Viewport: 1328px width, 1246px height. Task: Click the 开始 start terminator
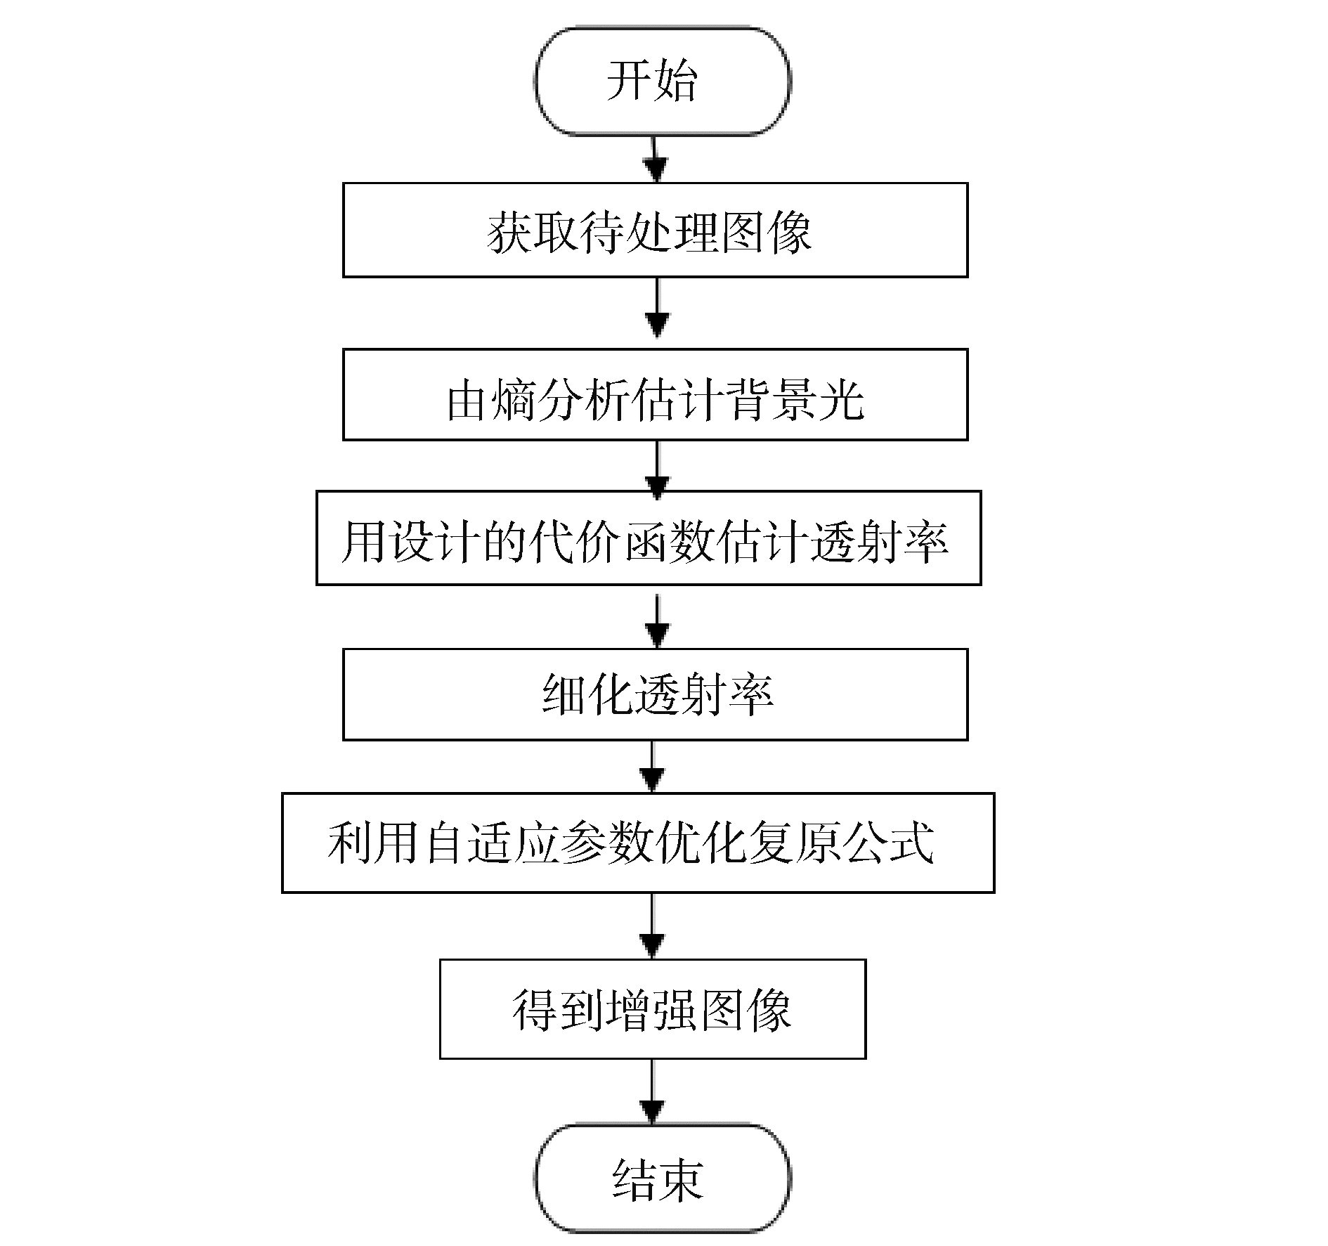coord(662,81)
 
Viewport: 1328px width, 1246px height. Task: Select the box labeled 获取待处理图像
coord(655,231)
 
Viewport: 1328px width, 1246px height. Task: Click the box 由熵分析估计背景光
coord(655,395)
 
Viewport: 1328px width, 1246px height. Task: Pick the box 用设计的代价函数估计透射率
coord(648,538)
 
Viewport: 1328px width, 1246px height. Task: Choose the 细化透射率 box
coord(655,694)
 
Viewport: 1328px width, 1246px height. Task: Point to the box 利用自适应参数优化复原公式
coord(638,843)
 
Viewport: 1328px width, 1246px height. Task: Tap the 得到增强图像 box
coord(652,1009)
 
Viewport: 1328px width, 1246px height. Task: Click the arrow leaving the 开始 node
coord(656,160)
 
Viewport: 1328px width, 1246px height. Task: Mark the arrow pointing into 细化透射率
coord(657,620)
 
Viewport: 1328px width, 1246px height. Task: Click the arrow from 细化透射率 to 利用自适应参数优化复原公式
coord(653,767)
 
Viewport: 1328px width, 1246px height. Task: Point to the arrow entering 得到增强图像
coord(653,928)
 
